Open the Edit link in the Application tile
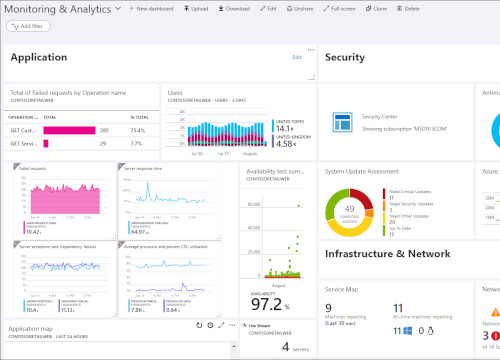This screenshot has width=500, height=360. (x=296, y=58)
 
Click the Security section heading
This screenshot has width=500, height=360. (x=345, y=58)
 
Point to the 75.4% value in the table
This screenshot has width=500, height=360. (x=139, y=130)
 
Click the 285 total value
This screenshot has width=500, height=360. (x=104, y=130)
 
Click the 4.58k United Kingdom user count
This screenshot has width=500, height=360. (x=284, y=144)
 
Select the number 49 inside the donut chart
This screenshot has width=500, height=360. (x=350, y=205)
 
